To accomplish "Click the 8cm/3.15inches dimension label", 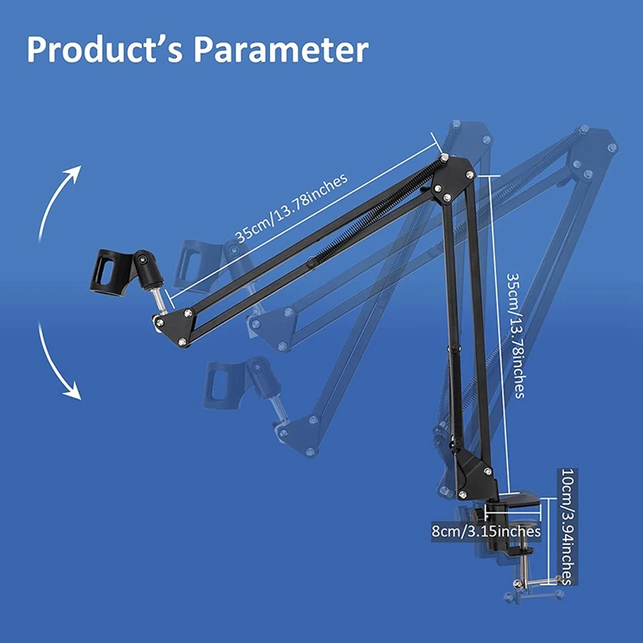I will pyautogui.click(x=486, y=531).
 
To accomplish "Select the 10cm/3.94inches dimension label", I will pyautogui.click(x=567, y=526).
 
